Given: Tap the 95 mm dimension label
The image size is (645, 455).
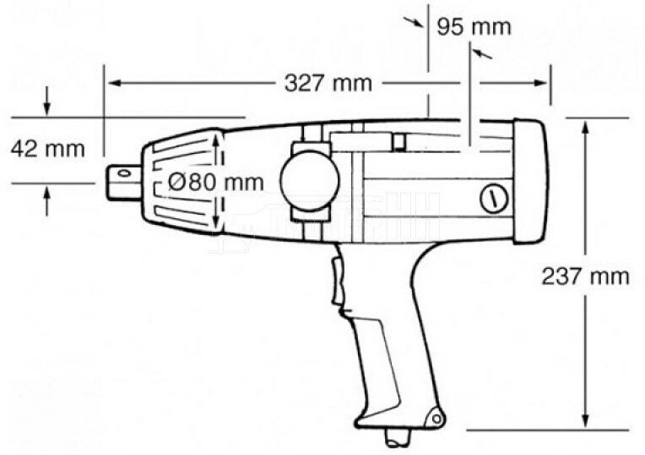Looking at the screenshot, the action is [474, 26].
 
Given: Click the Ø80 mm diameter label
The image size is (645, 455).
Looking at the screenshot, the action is [215, 181].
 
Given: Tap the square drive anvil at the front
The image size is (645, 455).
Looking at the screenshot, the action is [125, 179].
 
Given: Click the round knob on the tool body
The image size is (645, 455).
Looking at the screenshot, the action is [310, 178].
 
